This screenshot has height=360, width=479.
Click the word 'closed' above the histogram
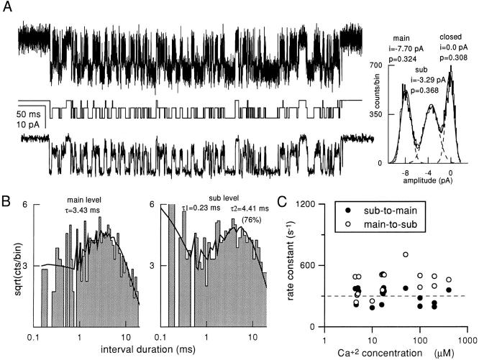tap(453, 34)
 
